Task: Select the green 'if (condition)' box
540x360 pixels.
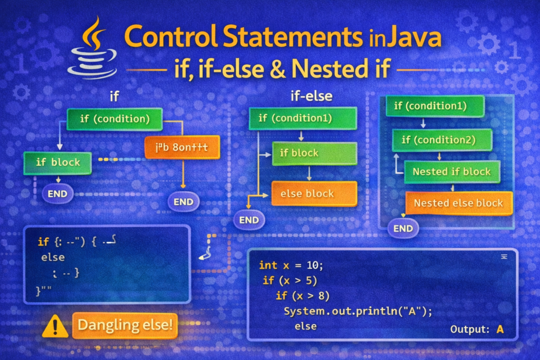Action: (114, 119)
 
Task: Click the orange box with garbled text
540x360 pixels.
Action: (181, 148)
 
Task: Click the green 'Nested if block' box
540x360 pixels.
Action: (451, 171)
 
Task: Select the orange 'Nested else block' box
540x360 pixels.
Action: (458, 203)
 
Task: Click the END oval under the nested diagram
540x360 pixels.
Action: (403, 228)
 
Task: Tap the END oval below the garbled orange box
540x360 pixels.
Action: (183, 201)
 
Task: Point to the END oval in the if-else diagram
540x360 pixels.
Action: (249, 220)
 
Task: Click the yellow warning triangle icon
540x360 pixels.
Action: (54, 327)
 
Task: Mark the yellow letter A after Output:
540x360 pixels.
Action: (500, 329)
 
